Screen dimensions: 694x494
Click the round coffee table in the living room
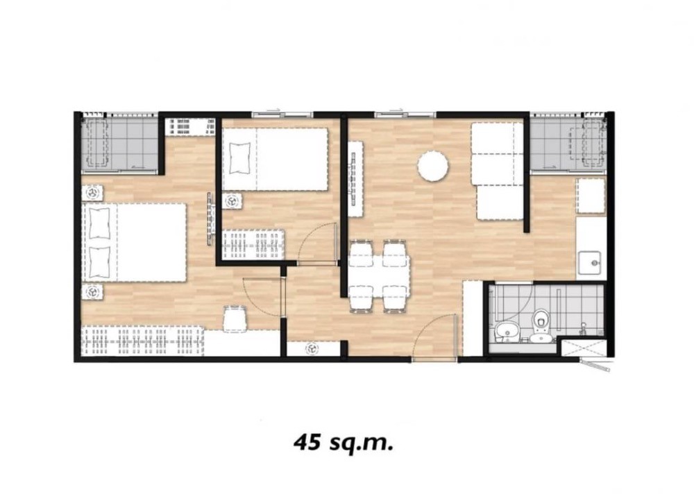pos(433,166)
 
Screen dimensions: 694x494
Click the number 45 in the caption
pos(308,442)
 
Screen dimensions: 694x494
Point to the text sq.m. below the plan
pos(362,443)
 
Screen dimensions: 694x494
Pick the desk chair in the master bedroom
pos(235,318)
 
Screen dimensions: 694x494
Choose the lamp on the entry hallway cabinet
pos(312,349)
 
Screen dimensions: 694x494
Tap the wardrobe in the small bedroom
pos(253,245)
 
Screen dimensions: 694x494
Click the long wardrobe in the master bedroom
pos(142,341)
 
